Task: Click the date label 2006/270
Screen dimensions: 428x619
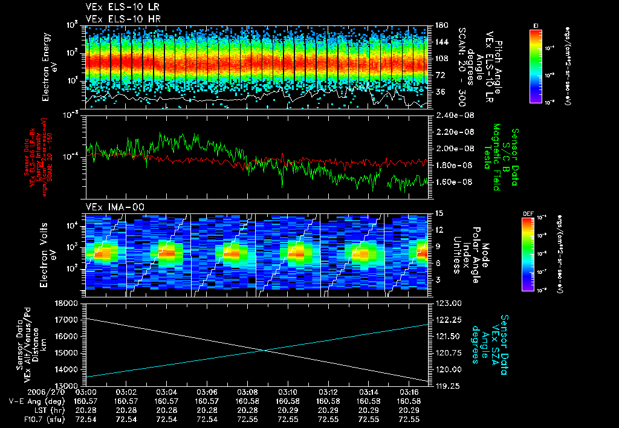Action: point(25,392)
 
